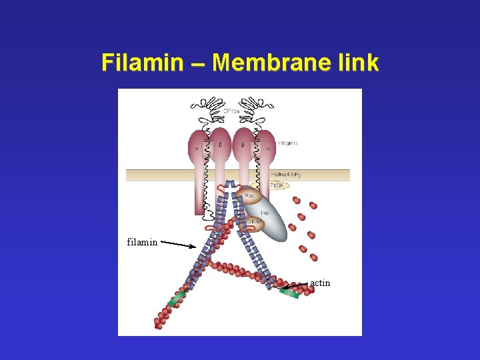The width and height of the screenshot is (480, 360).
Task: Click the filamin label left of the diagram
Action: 142,242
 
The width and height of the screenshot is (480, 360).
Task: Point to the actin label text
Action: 320,283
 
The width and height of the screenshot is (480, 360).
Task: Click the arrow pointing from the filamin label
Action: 178,245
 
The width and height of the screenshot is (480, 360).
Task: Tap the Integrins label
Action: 287,143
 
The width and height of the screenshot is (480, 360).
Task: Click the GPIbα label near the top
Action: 231,111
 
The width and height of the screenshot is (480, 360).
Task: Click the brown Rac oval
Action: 249,196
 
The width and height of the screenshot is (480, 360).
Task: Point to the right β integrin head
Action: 243,143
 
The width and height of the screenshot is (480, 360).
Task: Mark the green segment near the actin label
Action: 289,292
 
